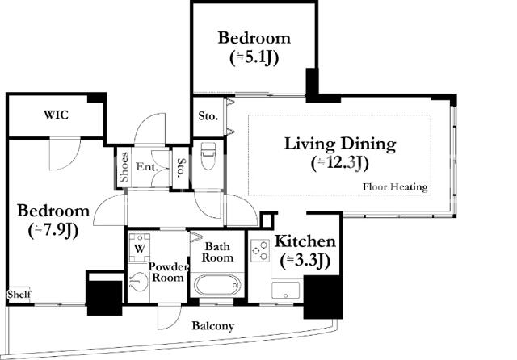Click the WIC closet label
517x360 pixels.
pos(57,115)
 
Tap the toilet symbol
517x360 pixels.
pos(208,156)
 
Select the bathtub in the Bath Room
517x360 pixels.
pos(216,285)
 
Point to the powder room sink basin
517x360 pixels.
pos(139,282)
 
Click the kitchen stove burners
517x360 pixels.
pos(260,251)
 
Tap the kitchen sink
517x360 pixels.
pos(286,290)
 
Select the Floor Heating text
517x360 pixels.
pos(395,186)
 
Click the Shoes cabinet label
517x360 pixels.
pos(124,167)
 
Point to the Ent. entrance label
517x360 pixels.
pos(147,166)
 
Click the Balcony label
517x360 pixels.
pos(213,326)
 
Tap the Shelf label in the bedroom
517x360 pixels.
pos(19,294)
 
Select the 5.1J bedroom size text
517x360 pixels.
pos(254,58)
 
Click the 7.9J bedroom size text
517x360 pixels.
pos(53,231)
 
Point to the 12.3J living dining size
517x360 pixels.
pos(340,163)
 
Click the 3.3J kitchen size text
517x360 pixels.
pos(305,261)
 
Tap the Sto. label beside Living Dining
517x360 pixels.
pos(208,116)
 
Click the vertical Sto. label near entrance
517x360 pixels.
pos(181,168)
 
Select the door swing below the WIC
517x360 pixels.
pos(65,154)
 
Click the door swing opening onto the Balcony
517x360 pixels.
pos(169,317)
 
